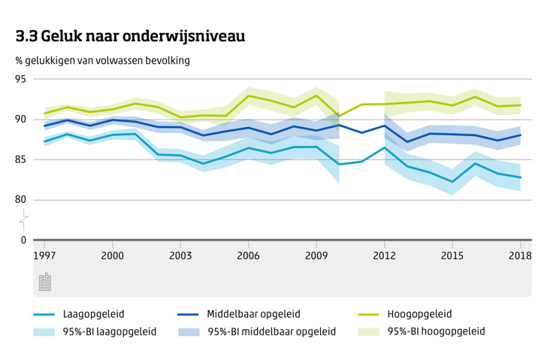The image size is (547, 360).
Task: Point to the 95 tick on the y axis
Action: [x=20, y=79]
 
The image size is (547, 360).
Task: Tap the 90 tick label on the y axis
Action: [x=20, y=119]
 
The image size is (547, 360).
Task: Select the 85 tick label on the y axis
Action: [x=20, y=159]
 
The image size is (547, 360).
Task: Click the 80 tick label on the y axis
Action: [x=20, y=200]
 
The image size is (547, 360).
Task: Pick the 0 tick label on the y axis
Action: [x=23, y=241]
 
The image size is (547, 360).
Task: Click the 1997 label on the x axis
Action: [x=44, y=256]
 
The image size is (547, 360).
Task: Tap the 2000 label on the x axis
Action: [x=113, y=256]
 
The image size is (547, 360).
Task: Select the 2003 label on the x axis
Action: [x=180, y=256]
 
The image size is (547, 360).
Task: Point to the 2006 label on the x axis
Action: [x=249, y=256]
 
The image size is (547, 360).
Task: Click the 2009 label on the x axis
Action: [x=316, y=256]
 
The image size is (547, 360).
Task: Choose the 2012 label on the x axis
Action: [x=385, y=256]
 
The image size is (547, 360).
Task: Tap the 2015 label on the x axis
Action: [x=452, y=256]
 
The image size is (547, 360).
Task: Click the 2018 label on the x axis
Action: [x=520, y=256]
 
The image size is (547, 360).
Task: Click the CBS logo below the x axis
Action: [x=44, y=283]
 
